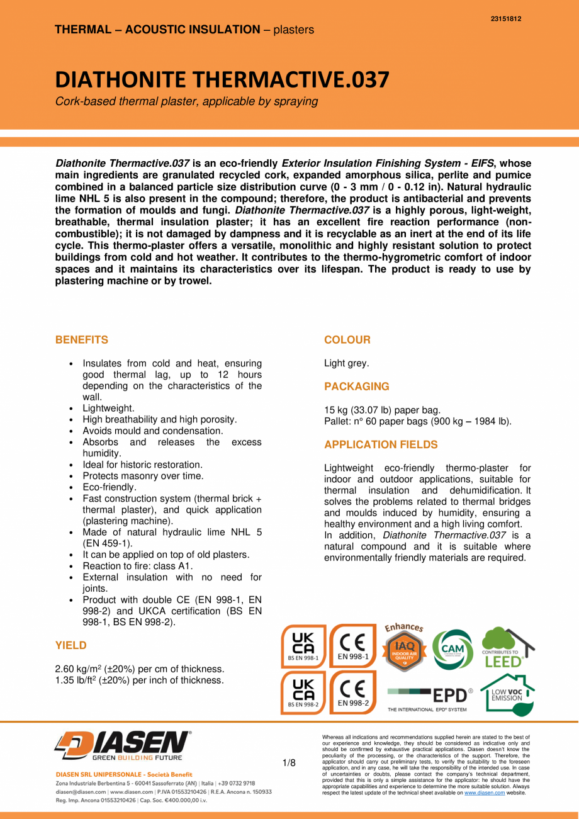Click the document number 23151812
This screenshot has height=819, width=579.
tap(505, 19)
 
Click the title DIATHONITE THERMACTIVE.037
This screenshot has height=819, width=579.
tap(222, 79)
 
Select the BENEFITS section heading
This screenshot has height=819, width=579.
tap(82, 340)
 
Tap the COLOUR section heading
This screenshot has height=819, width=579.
tap(347, 340)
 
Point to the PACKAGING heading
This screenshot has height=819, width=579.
tap(357, 387)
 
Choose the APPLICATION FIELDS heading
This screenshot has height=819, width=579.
tap(381, 444)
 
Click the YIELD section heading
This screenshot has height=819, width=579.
tap(71, 645)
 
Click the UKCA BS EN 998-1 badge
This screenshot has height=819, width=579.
tap(304, 646)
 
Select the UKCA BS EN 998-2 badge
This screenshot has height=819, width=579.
tap(304, 692)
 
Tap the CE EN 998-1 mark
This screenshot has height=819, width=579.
tap(353, 646)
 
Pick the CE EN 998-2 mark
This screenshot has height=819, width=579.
tap(353, 692)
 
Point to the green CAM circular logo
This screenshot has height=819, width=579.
tap(456, 648)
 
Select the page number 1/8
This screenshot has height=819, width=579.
tap(289, 763)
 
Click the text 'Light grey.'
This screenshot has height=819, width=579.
tap(347, 363)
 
